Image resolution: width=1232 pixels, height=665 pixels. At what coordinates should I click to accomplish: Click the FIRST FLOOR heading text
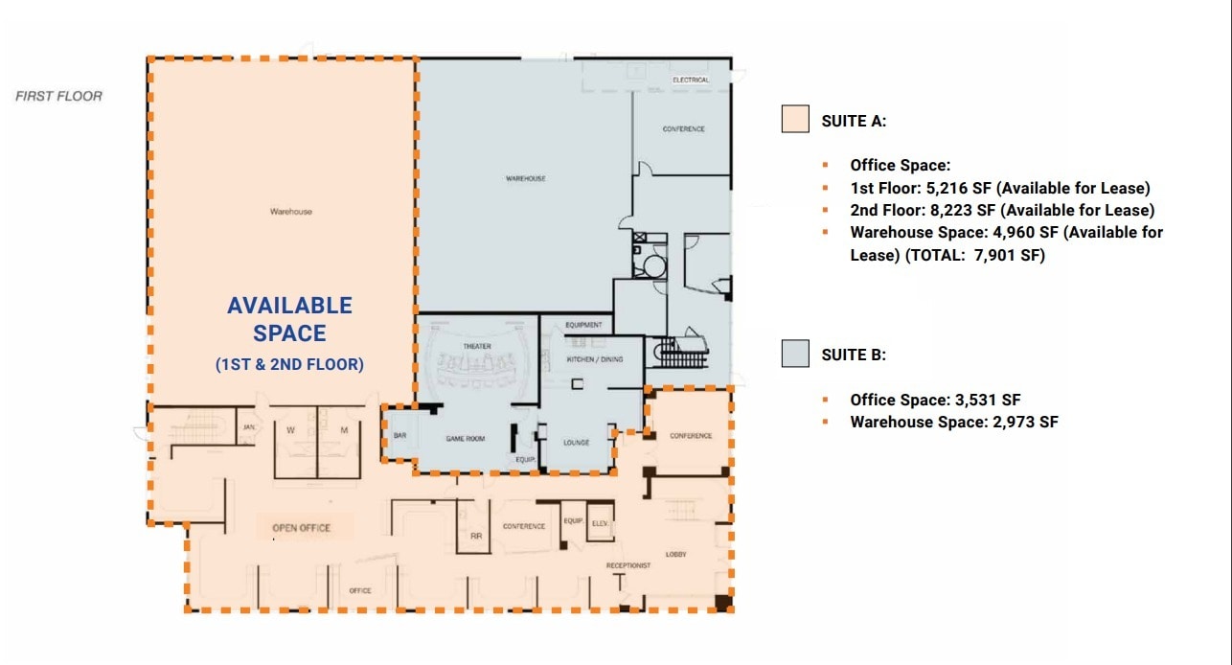tap(58, 96)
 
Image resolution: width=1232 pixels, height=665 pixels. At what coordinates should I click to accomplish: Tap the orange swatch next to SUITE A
tap(795, 119)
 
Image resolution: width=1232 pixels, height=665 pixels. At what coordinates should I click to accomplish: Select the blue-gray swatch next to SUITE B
tap(795, 353)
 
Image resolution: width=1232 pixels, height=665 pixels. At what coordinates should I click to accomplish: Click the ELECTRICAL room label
tap(690, 80)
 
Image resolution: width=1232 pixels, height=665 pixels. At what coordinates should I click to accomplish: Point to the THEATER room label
tap(477, 346)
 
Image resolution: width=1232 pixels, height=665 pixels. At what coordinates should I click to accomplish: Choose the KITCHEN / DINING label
tap(596, 359)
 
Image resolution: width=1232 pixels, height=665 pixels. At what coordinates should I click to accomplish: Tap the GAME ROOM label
tap(466, 439)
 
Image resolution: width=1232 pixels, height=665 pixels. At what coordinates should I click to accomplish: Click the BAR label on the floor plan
tap(399, 436)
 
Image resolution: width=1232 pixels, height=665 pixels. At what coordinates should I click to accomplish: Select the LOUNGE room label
tap(576, 442)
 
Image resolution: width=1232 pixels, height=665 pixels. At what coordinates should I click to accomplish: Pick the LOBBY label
tap(675, 554)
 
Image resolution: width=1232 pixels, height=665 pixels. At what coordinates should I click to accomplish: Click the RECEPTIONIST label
tap(628, 565)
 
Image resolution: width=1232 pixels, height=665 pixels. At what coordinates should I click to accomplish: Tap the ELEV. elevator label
tap(600, 523)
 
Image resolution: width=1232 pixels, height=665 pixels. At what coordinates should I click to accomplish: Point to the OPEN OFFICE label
tap(301, 528)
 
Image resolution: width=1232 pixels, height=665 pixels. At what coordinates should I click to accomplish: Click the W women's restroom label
tap(290, 430)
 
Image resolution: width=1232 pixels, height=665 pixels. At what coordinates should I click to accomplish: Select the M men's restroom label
tap(344, 430)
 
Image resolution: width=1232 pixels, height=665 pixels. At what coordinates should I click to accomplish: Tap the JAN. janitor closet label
tap(247, 427)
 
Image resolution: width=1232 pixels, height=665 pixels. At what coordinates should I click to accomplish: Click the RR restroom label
tap(475, 537)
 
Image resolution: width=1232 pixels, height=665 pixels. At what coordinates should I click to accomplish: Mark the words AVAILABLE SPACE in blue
tap(289, 319)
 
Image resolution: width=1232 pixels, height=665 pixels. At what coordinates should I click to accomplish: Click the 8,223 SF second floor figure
tap(960, 210)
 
